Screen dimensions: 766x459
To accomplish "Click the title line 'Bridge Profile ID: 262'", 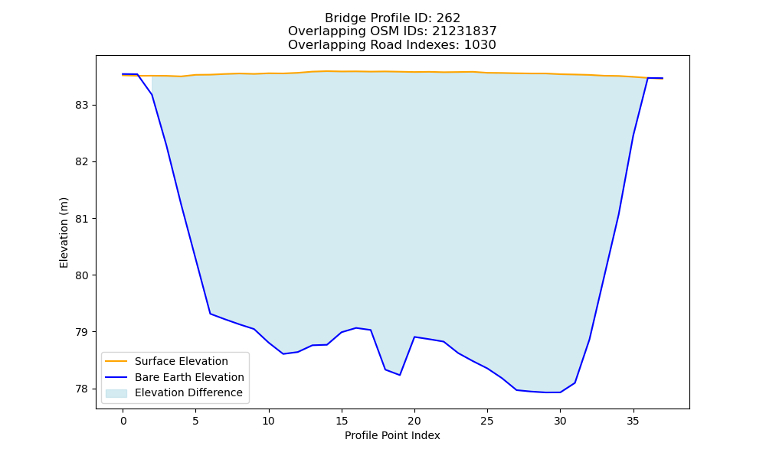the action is tap(392, 18).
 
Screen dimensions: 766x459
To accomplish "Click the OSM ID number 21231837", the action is tap(464, 31).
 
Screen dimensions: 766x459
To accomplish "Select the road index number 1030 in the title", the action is tap(480, 45).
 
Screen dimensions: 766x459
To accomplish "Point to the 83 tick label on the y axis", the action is tap(82, 106).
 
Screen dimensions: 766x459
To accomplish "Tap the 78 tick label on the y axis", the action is tap(82, 389).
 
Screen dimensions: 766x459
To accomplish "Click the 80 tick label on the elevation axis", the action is tap(82, 275).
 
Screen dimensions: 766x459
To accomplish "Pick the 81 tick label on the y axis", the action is tap(82, 219).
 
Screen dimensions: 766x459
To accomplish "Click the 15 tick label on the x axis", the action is tap(342, 421).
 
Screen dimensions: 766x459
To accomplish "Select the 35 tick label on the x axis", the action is tap(633, 421).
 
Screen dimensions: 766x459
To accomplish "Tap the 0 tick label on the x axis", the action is tap(123, 421).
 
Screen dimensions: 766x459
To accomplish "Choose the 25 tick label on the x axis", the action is tap(487, 421).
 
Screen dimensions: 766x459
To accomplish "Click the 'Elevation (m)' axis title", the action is tap(64, 233).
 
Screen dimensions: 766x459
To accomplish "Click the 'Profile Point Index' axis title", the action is tap(392, 435).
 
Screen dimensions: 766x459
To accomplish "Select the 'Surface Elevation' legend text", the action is tap(182, 361).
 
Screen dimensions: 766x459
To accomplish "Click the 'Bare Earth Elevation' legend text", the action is tap(189, 377).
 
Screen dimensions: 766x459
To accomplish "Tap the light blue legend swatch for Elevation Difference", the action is tap(116, 393).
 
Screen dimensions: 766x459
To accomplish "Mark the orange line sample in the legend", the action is tap(116, 361).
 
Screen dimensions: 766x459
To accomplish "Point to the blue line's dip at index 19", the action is tap(400, 375).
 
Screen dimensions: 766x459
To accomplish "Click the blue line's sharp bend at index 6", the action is tap(210, 314).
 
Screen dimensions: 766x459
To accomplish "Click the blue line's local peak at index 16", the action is tap(356, 327).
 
